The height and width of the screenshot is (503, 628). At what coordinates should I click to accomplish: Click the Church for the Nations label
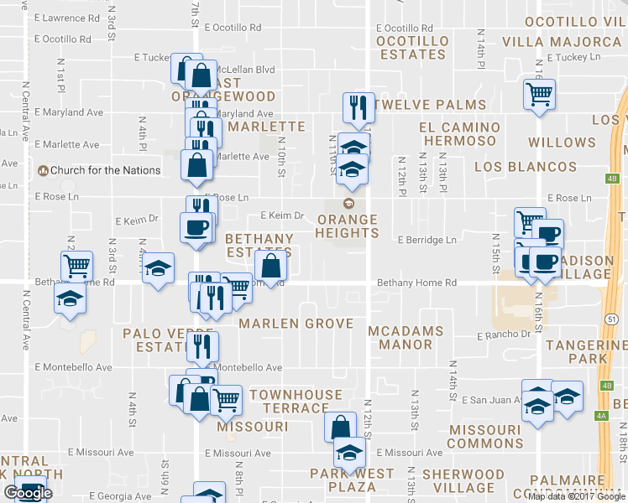pos(105,170)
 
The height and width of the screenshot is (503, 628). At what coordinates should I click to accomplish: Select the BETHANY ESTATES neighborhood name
pos(259,246)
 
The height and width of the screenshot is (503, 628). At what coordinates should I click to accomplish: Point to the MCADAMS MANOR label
pos(406,337)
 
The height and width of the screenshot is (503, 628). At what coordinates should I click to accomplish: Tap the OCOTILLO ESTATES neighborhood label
pos(411,48)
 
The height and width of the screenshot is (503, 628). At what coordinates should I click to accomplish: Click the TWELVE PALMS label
pos(431,105)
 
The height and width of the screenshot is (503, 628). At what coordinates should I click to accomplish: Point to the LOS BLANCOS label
pos(526,167)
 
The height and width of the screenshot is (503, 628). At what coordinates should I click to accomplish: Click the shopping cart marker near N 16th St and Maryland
pos(539,93)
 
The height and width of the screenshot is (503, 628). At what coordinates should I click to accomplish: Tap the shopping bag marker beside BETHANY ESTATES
pos(271,266)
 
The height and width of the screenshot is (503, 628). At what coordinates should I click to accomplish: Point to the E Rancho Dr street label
pos(504,334)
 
